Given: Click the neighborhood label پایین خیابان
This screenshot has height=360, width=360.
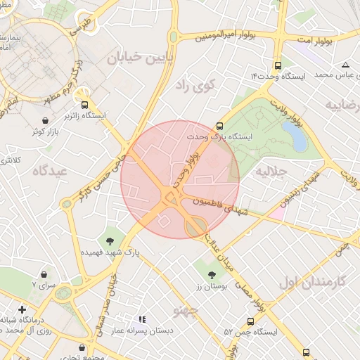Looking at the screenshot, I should pyautogui.click(x=140, y=58).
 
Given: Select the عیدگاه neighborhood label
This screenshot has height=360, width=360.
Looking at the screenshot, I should pyautogui.click(x=49, y=170).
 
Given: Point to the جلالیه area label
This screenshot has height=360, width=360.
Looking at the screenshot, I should pyautogui.click(x=271, y=170).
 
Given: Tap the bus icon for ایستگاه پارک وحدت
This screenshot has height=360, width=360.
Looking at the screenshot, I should pyautogui.click(x=220, y=125).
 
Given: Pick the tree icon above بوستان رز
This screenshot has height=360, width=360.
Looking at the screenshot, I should pyautogui.click(x=212, y=274).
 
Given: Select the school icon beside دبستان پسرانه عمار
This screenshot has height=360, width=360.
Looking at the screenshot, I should pyautogui.click(x=142, y=320).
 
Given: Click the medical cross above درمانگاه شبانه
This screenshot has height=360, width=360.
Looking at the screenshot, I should pyautogui.click(x=22, y=309).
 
